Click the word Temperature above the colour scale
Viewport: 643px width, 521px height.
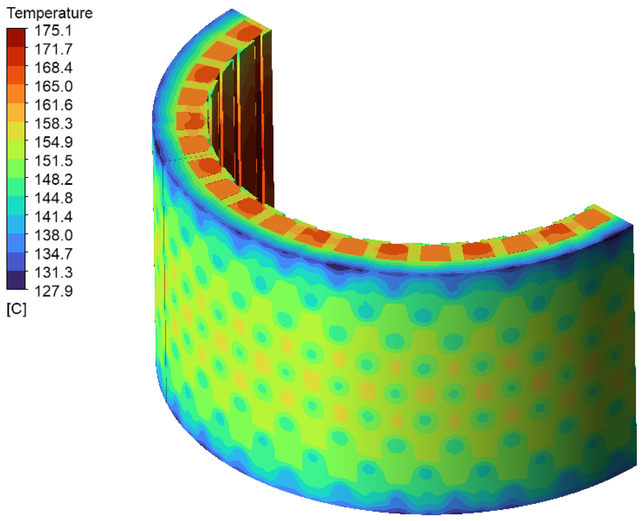pos(50,13)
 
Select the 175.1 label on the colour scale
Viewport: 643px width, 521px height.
pos(54,30)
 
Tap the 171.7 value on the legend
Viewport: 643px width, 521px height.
pos(54,49)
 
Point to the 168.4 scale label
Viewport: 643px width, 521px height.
pos(54,67)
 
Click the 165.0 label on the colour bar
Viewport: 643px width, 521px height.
pos(54,86)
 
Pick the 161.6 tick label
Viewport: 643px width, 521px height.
pos(54,105)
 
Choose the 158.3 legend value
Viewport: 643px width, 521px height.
pos(54,123)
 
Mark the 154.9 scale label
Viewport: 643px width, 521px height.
pos(54,142)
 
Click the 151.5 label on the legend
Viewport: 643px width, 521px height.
pos(54,161)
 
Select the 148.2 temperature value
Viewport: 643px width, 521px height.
pos(54,180)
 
